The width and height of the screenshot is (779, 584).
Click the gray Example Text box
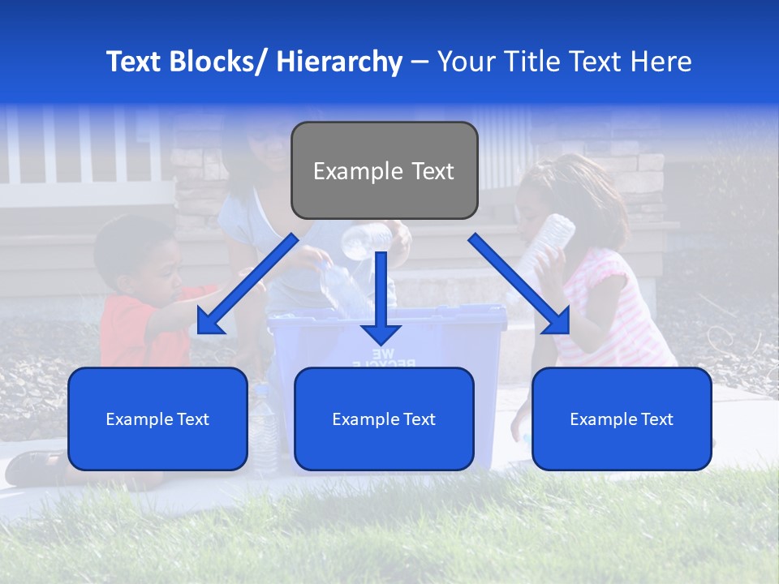(384, 170)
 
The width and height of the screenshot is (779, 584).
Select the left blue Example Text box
(157, 419)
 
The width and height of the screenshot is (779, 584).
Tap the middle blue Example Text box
(384, 419)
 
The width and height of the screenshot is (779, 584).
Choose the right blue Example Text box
(622, 419)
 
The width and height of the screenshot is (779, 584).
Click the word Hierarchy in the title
(339, 62)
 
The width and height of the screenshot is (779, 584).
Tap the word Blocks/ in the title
(220, 62)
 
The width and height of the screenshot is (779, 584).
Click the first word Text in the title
(135, 62)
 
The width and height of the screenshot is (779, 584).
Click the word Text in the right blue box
(656, 419)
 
